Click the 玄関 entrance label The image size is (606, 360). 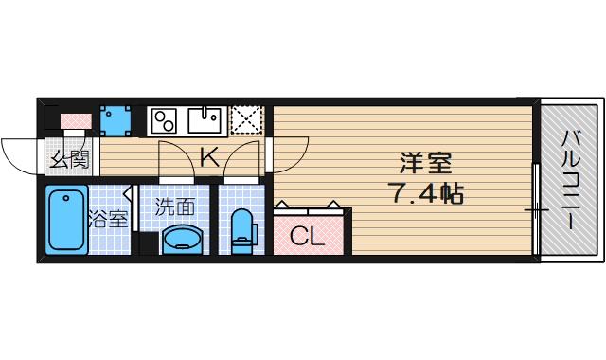[x=68, y=158]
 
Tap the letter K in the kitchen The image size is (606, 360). [x=209, y=157]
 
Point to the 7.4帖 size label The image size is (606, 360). [x=423, y=194]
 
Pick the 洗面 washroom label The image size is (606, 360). [x=175, y=206]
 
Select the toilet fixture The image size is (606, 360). [x=243, y=230]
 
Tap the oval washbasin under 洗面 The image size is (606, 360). [x=181, y=241]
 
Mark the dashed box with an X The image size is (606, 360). [x=246, y=120]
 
